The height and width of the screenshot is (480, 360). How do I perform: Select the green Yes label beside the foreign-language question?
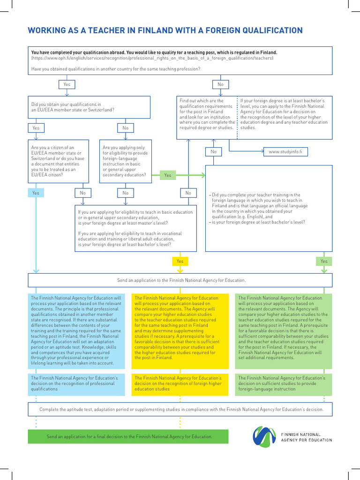coord(167,175)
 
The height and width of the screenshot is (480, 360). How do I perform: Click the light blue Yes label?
coord(36,193)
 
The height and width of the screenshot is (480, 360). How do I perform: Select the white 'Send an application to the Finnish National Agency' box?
coord(180,280)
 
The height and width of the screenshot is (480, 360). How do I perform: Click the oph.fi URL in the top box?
coord(152,59)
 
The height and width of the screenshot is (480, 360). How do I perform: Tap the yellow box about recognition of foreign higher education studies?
coord(180,383)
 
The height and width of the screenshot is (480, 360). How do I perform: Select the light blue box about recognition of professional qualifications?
coord(76,383)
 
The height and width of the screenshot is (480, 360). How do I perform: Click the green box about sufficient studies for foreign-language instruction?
coord(284,383)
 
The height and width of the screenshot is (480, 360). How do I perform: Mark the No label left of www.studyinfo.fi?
coord(213,152)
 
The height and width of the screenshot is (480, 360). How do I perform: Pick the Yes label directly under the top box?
coord(67,84)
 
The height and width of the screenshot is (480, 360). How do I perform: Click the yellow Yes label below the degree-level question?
coord(180,261)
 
